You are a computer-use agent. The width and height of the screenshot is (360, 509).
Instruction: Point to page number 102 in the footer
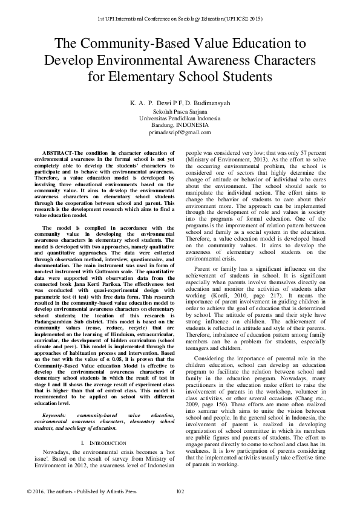click(x=179, y=491)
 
